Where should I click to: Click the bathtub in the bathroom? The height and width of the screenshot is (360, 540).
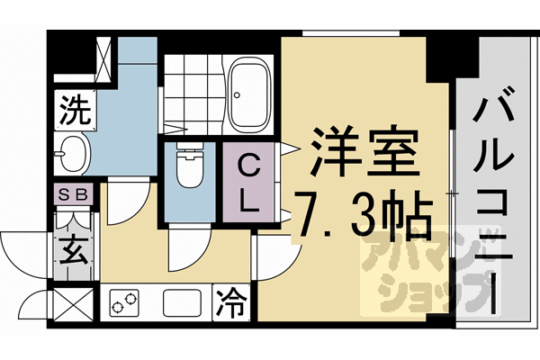(x=251, y=92)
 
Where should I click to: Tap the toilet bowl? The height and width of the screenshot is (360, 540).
(x=189, y=167)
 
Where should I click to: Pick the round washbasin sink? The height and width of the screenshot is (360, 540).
(x=73, y=154)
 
